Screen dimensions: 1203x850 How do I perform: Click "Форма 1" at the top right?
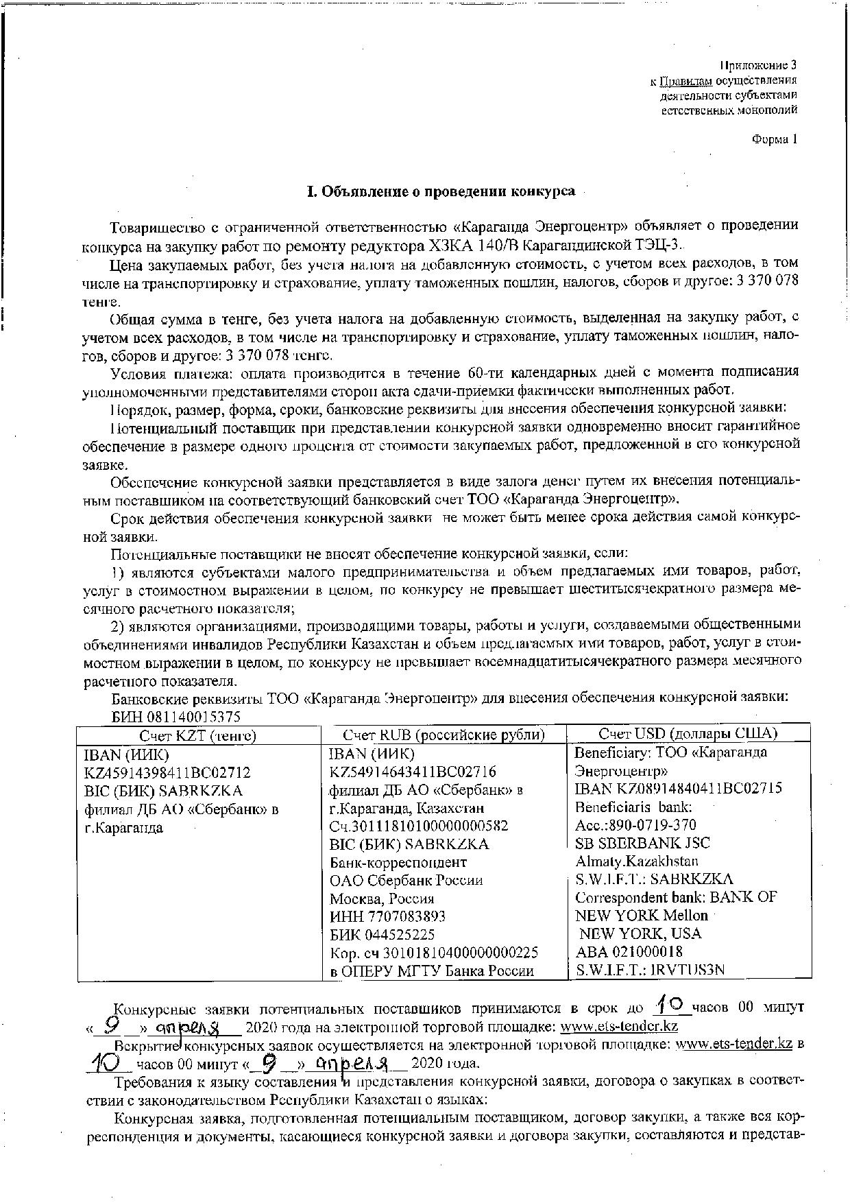tap(775, 139)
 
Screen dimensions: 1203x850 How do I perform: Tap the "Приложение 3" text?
tap(758, 66)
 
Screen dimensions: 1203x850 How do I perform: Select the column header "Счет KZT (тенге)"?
tap(197, 735)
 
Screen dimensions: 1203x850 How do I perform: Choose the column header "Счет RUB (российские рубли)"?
tap(444, 735)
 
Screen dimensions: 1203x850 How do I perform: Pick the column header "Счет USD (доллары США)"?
tap(688, 734)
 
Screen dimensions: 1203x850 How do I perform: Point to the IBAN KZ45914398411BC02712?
tap(167, 772)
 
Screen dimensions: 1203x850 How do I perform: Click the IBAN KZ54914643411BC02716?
tap(413, 772)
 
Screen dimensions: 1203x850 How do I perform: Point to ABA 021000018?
tap(629, 952)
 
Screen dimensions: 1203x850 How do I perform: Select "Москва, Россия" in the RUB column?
tap(382, 898)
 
